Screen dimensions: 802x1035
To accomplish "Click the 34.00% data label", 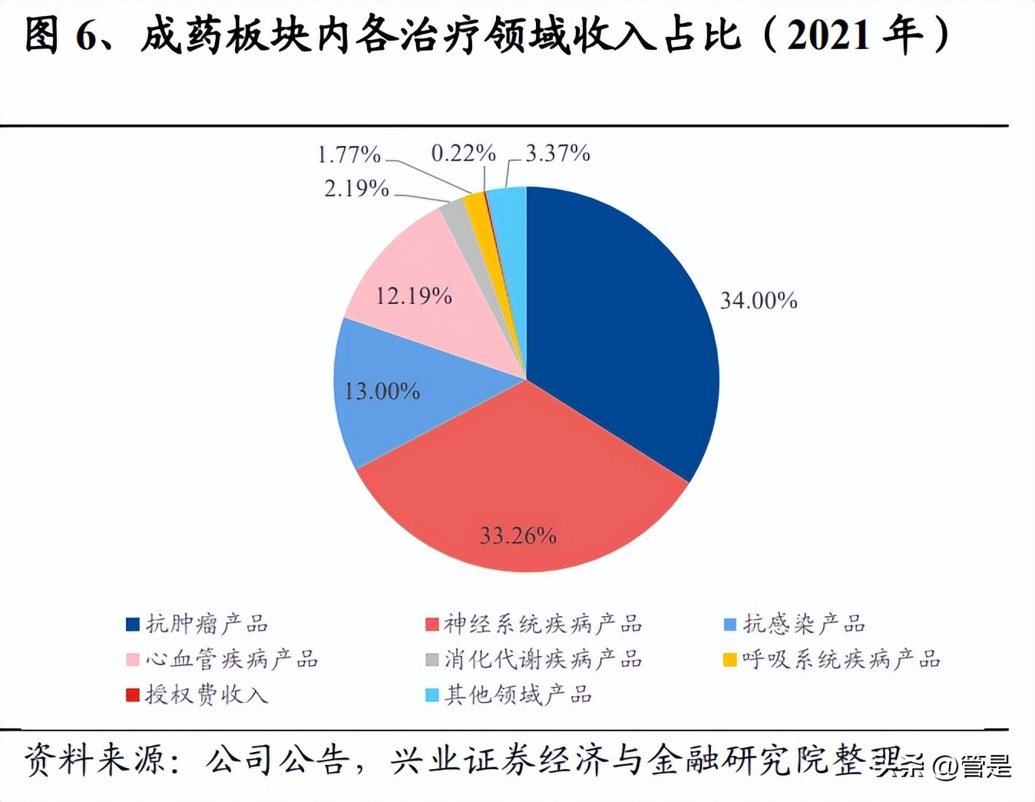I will (759, 300).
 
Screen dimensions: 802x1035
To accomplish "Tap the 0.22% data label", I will (463, 154).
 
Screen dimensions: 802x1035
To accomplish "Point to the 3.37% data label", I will (557, 154).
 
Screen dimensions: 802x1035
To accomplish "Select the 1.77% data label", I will (349, 155).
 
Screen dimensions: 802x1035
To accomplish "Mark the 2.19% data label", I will (356, 188).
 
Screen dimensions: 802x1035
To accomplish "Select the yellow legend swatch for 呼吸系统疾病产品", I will (730, 659).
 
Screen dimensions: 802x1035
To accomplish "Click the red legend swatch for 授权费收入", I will (133, 694).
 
